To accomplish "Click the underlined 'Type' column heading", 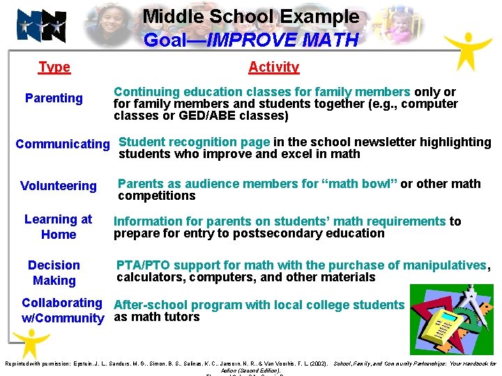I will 54,67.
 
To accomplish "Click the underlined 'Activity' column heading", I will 273,67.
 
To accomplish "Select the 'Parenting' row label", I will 54,98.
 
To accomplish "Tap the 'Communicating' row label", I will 63,144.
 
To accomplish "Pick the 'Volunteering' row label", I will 59,186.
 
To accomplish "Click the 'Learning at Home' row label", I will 59,227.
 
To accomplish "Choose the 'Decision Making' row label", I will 54,273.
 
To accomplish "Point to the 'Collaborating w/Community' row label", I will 63,311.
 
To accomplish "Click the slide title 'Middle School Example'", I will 251,17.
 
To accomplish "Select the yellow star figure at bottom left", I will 26,342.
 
